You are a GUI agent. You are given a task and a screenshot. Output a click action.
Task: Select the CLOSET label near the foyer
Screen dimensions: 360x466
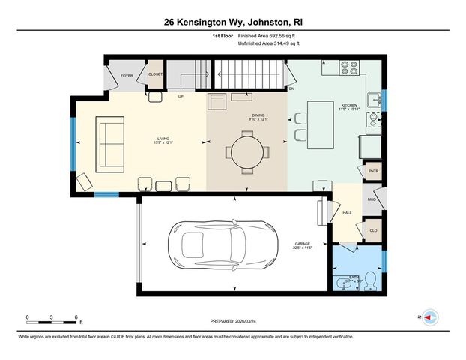click(x=155, y=75)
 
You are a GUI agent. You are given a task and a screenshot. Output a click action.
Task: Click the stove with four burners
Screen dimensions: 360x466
click(x=350, y=66)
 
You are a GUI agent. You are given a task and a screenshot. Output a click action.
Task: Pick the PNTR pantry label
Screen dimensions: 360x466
click(x=373, y=171)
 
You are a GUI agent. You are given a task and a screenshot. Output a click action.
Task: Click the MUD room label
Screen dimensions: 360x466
click(x=372, y=200)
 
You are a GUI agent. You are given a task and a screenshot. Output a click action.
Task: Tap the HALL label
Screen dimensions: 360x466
click(x=347, y=213)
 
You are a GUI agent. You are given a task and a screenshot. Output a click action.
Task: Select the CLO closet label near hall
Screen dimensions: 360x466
click(x=372, y=229)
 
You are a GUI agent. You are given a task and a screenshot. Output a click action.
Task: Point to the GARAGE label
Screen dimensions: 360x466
click(x=303, y=244)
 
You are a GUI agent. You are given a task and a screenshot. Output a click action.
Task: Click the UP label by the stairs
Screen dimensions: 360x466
click(x=181, y=96)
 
